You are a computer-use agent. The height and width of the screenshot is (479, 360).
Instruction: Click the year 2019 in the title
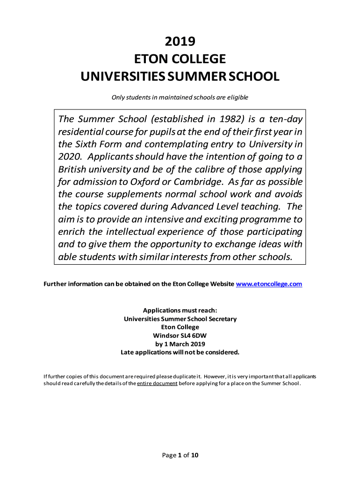[x=180, y=42]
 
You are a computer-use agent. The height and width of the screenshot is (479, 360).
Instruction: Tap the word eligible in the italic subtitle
[x=238, y=97]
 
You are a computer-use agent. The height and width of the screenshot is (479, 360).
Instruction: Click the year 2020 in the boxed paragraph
[x=69, y=156]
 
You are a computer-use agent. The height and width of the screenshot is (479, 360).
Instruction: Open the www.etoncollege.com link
[x=269, y=284]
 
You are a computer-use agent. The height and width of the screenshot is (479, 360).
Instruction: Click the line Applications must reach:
[x=180, y=310]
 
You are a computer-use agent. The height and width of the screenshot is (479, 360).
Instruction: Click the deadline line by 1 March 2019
[x=180, y=344]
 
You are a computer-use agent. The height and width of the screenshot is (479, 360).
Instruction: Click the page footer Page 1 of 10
[x=180, y=455]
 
